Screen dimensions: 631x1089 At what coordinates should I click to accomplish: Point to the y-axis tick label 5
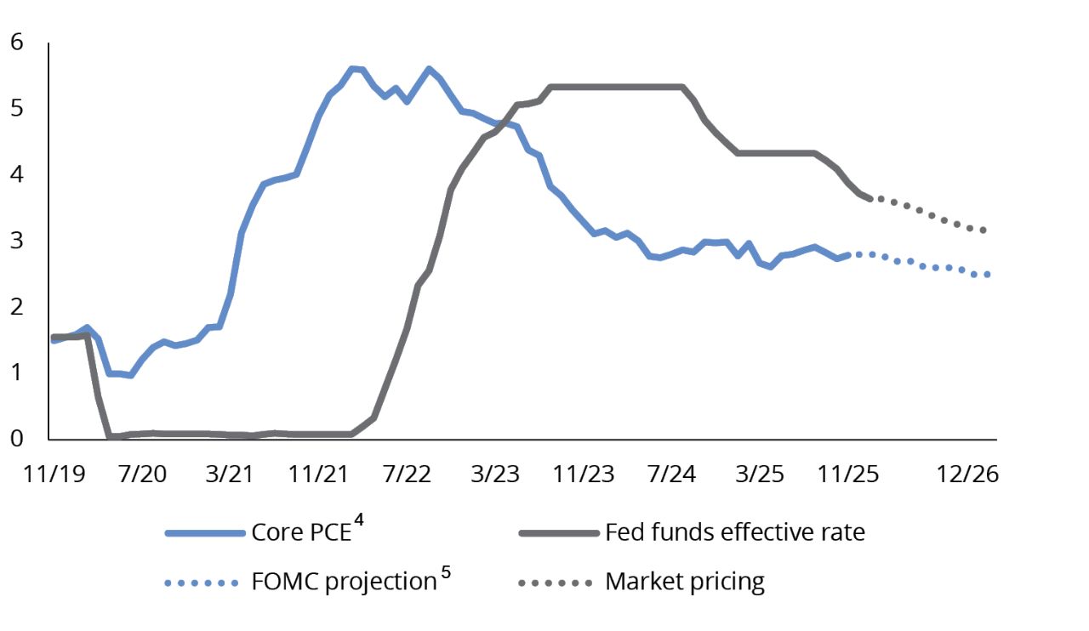click(x=17, y=109)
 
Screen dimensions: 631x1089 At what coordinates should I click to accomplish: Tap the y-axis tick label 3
click(x=17, y=241)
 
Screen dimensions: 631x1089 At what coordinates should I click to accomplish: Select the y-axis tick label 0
click(x=17, y=438)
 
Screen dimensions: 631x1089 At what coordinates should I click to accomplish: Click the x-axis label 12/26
click(x=966, y=475)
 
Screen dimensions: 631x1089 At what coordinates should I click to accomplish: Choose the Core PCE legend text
click(x=301, y=533)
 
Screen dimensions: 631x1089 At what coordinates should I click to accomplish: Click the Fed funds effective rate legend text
click(x=734, y=533)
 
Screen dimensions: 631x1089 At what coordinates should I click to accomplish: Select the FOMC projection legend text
click(x=344, y=583)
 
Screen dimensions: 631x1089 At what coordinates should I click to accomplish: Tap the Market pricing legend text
click(x=685, y=583)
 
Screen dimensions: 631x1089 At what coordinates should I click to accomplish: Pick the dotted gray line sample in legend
click(x=555, y=583)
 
